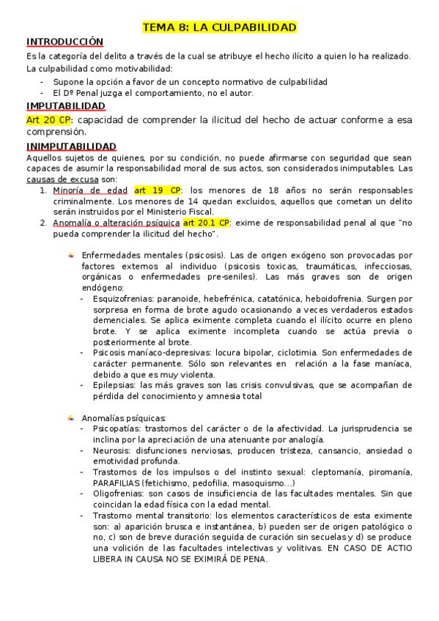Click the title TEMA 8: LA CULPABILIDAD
pyautogui.click(x=219, y=27)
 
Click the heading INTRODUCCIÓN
pyautogui.click(x=64, y=42)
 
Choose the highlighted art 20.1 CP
pyautogui.click(x=207, y=223)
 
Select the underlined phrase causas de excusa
pyautogui.click(x=62, y=179)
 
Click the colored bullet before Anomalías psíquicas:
pyautogui.click(x=71, y=417)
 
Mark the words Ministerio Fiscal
pyautogui.click(x=179, y=212)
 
